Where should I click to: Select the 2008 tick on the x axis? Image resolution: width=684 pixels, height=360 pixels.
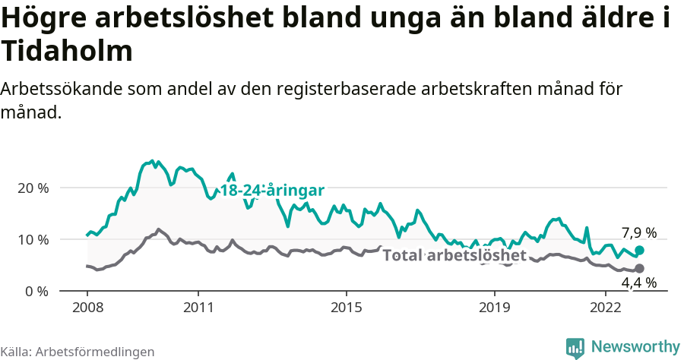(x=87, y=308)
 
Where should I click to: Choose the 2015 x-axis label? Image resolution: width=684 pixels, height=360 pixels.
(x=347, y=308)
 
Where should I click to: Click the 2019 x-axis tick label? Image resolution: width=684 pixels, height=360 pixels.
(x=495, y=308)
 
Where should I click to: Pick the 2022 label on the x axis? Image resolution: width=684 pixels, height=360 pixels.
(x=606, y=308)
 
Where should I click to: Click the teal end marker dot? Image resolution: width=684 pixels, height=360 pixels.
(x=640, y=250)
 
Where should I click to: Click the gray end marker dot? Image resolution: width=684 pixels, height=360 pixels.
(x=640, y=268)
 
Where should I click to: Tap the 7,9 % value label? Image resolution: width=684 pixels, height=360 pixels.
(x=638, y=232)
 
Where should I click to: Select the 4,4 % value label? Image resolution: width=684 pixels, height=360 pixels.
(x=638, y=283)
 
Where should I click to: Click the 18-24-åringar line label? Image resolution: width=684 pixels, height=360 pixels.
(x=273, y=191)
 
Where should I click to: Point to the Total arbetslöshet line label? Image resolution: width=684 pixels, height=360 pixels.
(x=454, y=255)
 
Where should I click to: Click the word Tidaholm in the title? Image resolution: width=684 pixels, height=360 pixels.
(x=67, y=52)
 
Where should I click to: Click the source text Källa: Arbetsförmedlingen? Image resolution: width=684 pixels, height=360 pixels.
(x=78, y=352)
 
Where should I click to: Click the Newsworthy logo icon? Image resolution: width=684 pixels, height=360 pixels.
(x=575, y=347)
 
